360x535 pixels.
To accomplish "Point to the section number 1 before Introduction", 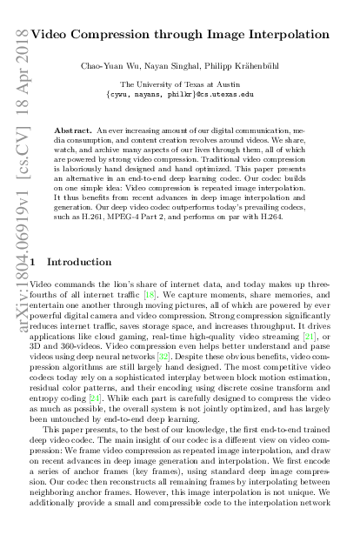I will (x=33, y=261).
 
